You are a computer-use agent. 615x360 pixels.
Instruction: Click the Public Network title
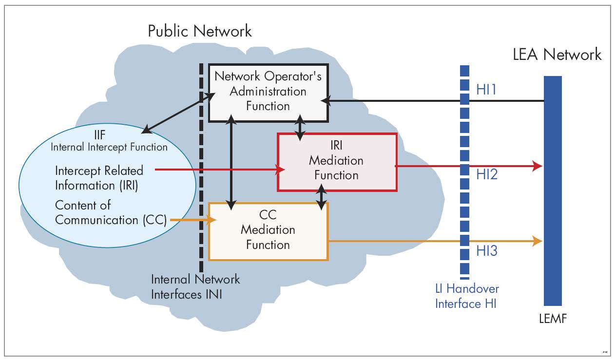pyautogui.click(x=200, y=31)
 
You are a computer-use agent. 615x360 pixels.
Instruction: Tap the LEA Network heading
pyautogui.click(x=557, y=54)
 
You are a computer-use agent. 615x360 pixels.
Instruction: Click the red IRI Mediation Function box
pyautogui.click(x=337, y=161)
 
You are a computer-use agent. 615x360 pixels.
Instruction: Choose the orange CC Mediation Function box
pyautogui.click(x=268, y=231)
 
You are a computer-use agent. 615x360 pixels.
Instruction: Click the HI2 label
pyautogui.click(x=487, y=174)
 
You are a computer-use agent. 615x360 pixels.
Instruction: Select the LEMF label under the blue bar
pyautogui.click(x=553, y=320)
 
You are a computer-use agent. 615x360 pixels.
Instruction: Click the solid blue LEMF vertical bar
pyautogui.click(x=553, y=195)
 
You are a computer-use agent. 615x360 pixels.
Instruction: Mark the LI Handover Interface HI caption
pyautogui.click(x=467, y=296)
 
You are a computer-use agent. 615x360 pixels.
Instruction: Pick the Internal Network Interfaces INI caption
pyautogui.click(x=195, y=287)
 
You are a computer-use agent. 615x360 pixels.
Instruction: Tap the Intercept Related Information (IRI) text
pyautogui.click(x=99, y=178)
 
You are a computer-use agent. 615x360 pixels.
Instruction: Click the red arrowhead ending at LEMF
pyautogui.click(x=538, y=166)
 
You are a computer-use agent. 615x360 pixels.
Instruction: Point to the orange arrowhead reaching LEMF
pyautogui.click(x=538, y=241)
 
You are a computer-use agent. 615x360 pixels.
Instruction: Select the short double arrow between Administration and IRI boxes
pyautogui.click(x=302, y=127)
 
